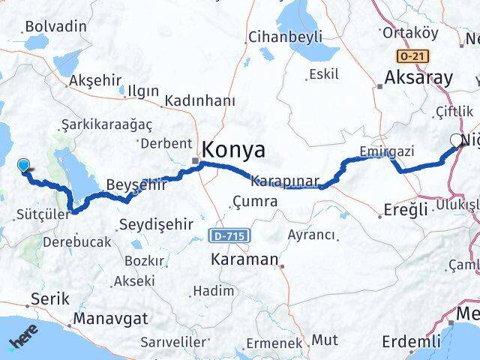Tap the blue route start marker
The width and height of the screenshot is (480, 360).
(23, 166)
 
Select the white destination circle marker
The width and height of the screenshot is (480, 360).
(457, 140)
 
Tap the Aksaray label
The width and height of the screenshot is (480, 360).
(418, 78)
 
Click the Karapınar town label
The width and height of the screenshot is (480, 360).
(286, 181)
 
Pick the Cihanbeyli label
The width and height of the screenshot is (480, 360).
(286, 37)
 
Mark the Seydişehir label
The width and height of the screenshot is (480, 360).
(157, 224)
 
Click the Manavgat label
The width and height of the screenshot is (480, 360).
(110, 319)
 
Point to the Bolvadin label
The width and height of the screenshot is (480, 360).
(55, 26)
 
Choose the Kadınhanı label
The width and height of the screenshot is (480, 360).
(199, 100)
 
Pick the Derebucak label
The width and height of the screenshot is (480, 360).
(76, 242)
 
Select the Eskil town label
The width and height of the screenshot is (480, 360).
(323, 74)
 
